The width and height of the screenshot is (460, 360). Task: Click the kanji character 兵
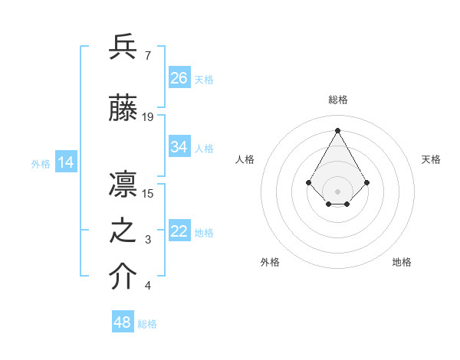click(x=123, y=47)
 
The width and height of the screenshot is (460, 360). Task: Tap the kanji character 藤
click(x=123, y=109)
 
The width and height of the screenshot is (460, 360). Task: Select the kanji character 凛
click(x=123, y=184)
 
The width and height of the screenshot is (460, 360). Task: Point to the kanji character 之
click(x=123, y=231)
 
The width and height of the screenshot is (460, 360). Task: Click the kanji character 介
click(x=123, y=277)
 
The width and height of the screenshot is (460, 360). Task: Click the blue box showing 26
click(x=179, y=78)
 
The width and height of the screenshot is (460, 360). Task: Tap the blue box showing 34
click(x=179, y=147)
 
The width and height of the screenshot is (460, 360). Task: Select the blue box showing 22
click(x=179, y=232)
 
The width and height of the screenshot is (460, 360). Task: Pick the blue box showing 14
click(x=66, y=162)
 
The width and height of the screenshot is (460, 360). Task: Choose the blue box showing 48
click(x=123, y=322)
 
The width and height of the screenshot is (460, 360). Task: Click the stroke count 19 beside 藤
click(x=148, y=117)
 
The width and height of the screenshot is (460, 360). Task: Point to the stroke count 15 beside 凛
click(x=148, y=193)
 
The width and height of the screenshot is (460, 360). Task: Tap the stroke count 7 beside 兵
click(x=147, y=56)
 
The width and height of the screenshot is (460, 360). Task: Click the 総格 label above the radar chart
click(x=338, y=100)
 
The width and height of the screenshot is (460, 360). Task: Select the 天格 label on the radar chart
click(x=432, y=159)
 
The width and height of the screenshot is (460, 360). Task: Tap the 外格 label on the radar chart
click(x=270, y=262)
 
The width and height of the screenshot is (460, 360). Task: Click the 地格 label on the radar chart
click(x=402, y=262)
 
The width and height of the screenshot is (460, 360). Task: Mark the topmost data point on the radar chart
click(x=337, y=130)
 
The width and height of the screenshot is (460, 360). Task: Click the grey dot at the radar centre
click(x=337, y=191)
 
